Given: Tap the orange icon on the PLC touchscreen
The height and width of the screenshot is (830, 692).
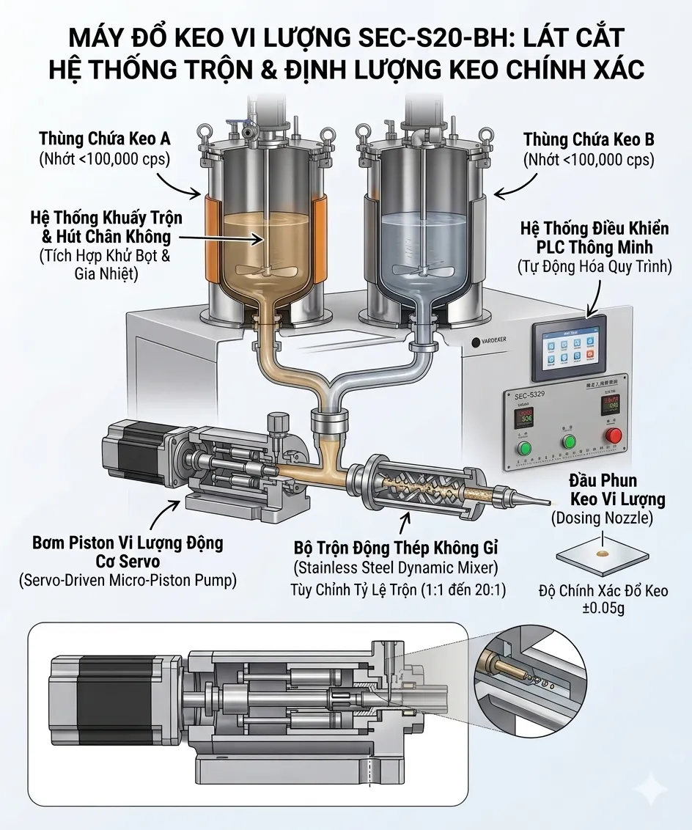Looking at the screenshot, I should coord(589,357).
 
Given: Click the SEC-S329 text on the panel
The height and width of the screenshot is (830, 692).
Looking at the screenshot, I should coord(522,395).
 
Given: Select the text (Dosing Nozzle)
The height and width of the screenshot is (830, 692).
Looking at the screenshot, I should coord(602,518).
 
